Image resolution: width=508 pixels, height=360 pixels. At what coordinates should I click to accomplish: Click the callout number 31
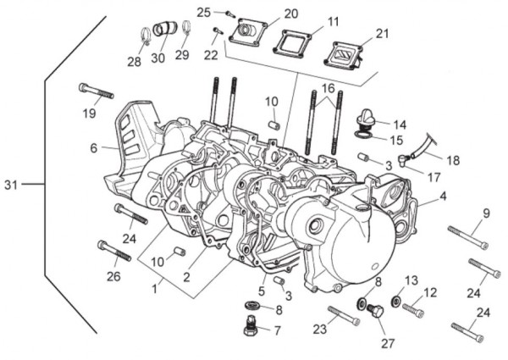11,184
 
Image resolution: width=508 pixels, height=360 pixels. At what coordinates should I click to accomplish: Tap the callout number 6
94,147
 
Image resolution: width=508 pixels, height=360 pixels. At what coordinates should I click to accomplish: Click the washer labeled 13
396,302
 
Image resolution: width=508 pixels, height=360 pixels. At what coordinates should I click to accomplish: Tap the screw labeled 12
413,310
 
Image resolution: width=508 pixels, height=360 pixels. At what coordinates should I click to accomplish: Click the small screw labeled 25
229,13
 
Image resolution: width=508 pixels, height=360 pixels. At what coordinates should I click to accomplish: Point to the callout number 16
327,88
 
